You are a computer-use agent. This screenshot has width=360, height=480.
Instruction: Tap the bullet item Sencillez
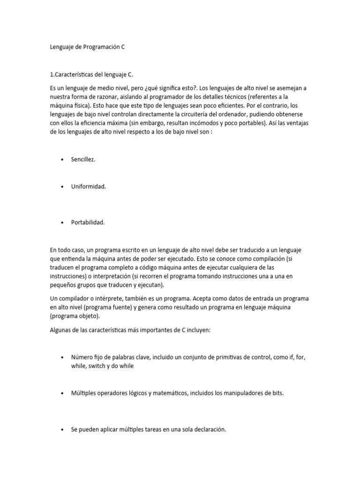tap(83, 159)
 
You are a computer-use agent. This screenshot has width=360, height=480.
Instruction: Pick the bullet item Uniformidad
tap(88, 187)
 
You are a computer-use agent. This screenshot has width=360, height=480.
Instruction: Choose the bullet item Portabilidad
tap(88, 222)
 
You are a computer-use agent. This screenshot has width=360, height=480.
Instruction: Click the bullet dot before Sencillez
tap(62, 160)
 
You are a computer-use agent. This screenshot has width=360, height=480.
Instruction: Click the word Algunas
tap(61, 330)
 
